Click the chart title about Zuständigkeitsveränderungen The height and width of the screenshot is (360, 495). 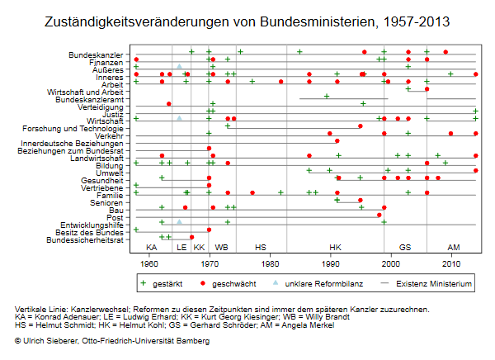click(x=247, y=21)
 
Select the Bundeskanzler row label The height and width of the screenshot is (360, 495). click(x=96, y=55)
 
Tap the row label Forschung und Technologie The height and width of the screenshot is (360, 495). click(x=73, y=129)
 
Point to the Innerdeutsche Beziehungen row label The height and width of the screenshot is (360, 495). click(x=72, y=144)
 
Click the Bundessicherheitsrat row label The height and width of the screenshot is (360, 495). click(x=85, y=240)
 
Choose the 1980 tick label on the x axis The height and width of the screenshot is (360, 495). click(x=270, y=263)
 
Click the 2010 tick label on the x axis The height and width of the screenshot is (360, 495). click(x=451, y=263)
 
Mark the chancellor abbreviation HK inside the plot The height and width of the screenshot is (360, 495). click(x=335, y=247)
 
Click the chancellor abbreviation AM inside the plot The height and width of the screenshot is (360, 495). click(x=454, y=247)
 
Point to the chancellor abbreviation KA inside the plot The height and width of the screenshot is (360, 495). click(x=152, y=247)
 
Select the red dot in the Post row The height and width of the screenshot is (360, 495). click(x=379, y=215)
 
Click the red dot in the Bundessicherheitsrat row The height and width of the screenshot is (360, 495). click(x=191, y=237)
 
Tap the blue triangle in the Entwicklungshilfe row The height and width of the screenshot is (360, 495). click(x=179, y=221)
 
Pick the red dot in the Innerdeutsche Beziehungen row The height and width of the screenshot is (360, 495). click(x=337, y=140)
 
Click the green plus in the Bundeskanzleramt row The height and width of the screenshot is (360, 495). click(x=327, y=96)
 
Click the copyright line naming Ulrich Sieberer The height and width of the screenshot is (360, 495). click(x=112, y=341)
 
